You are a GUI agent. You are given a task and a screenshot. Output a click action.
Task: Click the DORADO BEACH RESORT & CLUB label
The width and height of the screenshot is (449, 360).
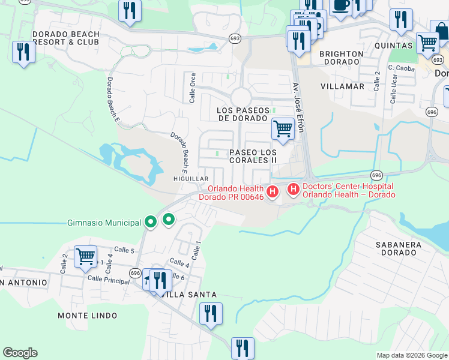(x=66, y=38)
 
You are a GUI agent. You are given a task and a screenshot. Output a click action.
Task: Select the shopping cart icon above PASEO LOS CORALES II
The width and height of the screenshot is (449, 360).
(x=283, y=128)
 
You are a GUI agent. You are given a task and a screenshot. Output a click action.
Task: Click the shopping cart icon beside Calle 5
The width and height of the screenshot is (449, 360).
(x=85, y=257)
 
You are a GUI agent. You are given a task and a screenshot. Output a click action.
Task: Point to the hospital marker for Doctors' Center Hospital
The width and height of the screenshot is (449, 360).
(x=294, y=190)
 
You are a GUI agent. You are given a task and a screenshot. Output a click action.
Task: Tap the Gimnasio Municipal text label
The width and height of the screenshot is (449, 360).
(x=105, y=223)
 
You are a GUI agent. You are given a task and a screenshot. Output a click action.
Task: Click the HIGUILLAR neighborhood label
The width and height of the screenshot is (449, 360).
(x=190, y=179)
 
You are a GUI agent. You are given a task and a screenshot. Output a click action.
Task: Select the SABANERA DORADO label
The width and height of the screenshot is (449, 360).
(x=404, y=248)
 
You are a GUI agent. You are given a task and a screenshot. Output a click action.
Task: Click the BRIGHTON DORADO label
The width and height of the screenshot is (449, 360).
(x=341, y=58)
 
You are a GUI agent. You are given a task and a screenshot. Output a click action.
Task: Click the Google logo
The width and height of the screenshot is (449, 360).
(x=20, y=353)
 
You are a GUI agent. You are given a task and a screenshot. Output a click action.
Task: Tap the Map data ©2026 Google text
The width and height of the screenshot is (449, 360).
(x=411, y=355)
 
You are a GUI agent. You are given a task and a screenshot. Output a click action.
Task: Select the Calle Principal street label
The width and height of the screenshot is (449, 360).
(x=108, y=280)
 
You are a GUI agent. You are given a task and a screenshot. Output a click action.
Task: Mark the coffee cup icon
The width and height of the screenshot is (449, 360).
(x=341, y=6)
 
